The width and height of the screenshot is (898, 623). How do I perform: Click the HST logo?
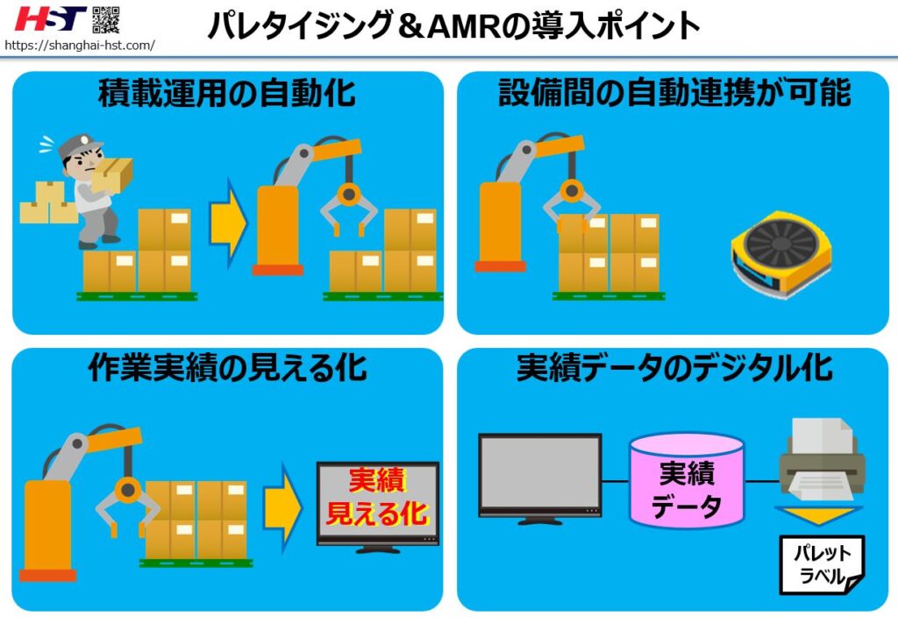(x=51, y=18)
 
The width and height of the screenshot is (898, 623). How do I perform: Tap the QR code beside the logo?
(x=105, y=19)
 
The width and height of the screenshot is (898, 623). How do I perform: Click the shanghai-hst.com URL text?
(x=80, y=45)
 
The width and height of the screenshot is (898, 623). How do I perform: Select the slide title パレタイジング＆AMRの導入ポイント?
(x=453, y=26)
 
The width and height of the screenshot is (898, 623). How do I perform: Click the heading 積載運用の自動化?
(x=226, y=93)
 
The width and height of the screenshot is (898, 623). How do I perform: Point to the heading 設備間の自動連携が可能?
(x=674, y=93)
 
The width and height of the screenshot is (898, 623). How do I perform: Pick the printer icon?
(x=821, y=460)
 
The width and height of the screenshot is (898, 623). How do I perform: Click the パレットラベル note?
(x=822, y=564)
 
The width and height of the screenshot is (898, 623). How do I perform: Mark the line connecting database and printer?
(x=761, y=481)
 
